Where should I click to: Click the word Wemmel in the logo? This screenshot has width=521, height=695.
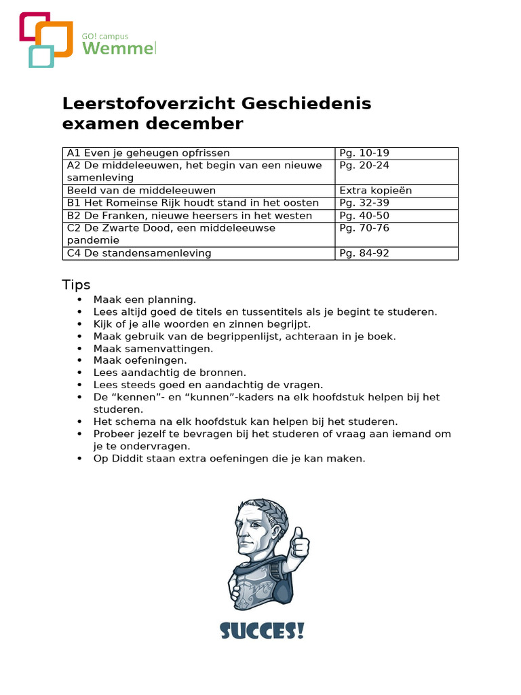point(119,48)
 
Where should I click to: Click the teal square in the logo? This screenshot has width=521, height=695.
point(41,56)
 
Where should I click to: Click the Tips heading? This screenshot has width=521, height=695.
point(77,284)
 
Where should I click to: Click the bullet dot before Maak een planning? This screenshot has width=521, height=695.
point(79,299)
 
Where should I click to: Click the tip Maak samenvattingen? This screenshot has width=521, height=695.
point(153,348)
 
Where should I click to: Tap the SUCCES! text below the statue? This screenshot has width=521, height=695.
point(262,631)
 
